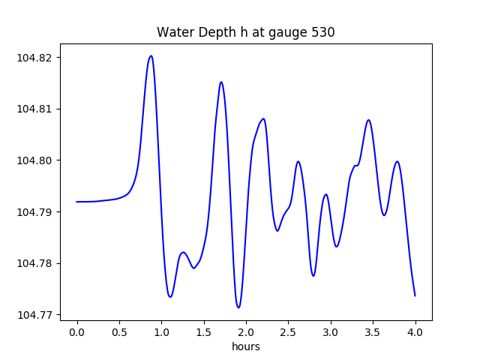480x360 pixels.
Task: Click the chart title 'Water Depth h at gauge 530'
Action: (x=245, y=32)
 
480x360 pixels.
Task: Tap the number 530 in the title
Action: (x=323, y=32)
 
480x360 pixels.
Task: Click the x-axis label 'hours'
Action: (x=246, y=346)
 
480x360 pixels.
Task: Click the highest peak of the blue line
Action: (x=151, y=55)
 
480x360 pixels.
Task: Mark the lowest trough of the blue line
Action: (x=238, y=307)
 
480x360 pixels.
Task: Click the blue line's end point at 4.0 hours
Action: (x=415, y=295)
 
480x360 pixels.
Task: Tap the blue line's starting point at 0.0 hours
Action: (x=77, y=202)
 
